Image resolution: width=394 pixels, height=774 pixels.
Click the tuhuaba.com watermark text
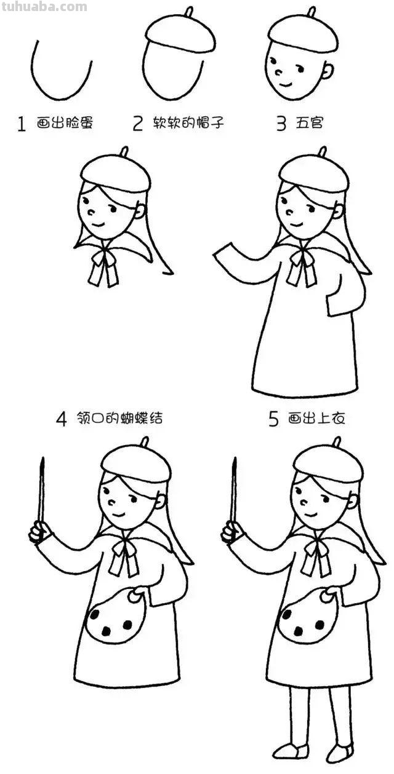[44, 7]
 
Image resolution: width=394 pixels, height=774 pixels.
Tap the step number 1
[22, 125]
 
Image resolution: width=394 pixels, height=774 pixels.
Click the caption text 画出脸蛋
[65, 124]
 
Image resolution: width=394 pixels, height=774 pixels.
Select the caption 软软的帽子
[188, 124]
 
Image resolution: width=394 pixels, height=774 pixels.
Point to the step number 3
[281, 124]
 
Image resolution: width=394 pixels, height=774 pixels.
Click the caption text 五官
[309, 124]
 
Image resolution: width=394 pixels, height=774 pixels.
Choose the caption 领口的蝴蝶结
[119, 419]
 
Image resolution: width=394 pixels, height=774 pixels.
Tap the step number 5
[274, 419]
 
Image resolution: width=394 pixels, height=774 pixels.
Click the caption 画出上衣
[316, 419]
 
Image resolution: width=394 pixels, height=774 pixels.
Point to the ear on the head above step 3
[329, 70]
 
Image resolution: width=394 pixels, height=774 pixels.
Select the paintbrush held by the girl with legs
[234, 492]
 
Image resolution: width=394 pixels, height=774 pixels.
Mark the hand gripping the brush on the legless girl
[39, 532]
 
